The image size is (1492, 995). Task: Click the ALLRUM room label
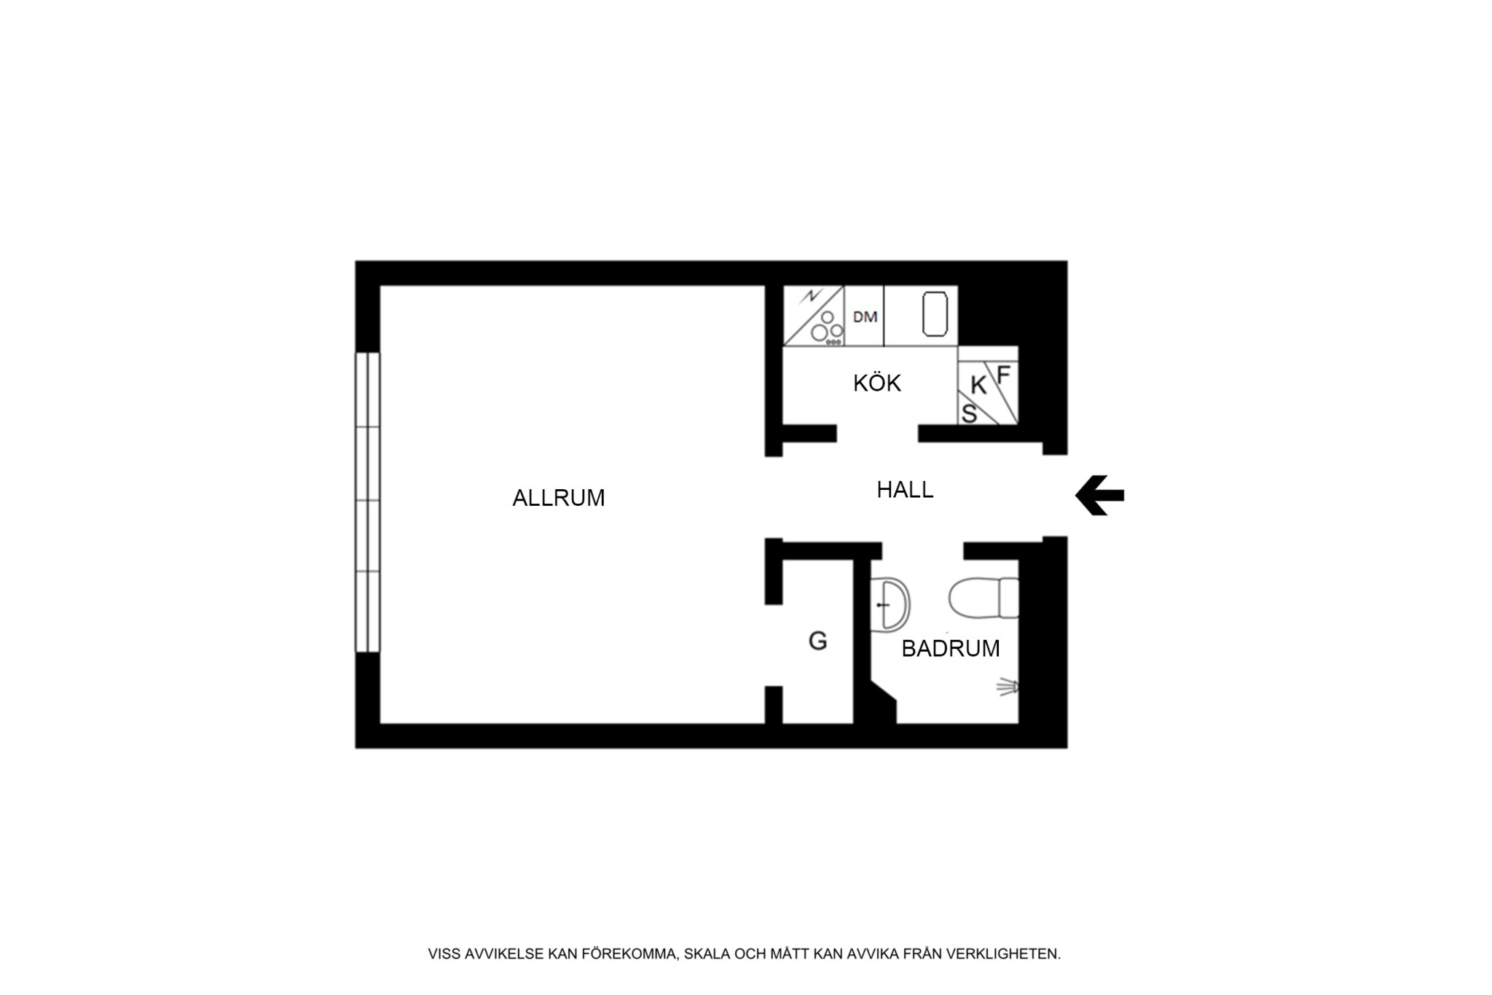tap(559, 498)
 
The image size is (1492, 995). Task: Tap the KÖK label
tap(877, 382)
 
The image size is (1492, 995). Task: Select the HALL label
tap(905, 490)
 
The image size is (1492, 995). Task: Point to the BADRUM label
tap(951, 648)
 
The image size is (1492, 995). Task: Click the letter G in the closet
tap(818, 641)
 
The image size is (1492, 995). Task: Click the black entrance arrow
tap(1100, 496)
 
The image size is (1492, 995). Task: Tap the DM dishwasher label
tap(865, 317)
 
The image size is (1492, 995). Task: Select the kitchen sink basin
tap(935, 314)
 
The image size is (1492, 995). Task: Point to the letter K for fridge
tap(978, 386)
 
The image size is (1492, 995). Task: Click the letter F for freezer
tap(1003, 375)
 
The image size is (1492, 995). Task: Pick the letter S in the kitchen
tap(969, 413)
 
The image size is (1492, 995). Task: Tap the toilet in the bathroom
tap(983, 598)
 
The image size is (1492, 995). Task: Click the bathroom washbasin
tap(890, 604)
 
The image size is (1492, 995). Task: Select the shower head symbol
tap(1008, 687)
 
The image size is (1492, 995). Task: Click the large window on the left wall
tap(368, 502)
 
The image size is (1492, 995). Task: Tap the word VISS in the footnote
tap(444, 954)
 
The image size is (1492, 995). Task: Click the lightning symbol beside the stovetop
tap(809, 297)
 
